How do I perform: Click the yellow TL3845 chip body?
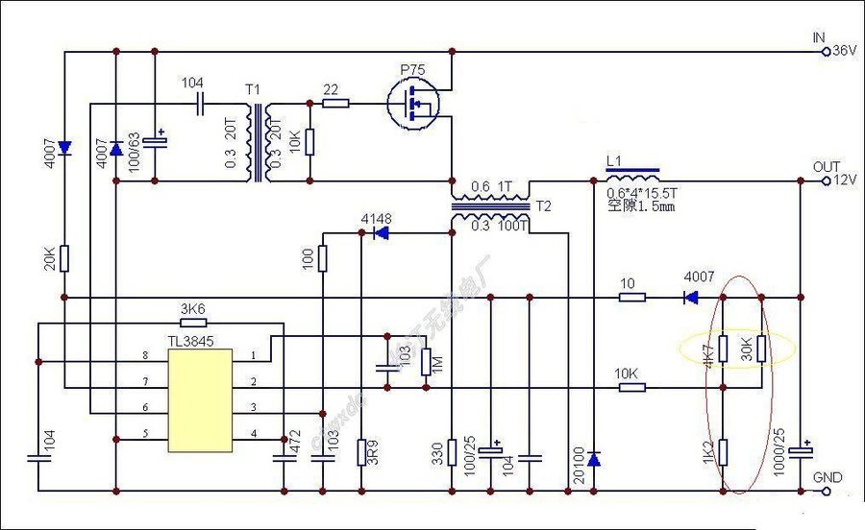200,399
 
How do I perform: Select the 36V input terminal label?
843,50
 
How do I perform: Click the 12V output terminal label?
843,181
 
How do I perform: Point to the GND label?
828,477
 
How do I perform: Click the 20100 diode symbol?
593,458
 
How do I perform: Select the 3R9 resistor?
361,451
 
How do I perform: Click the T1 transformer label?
253,89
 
